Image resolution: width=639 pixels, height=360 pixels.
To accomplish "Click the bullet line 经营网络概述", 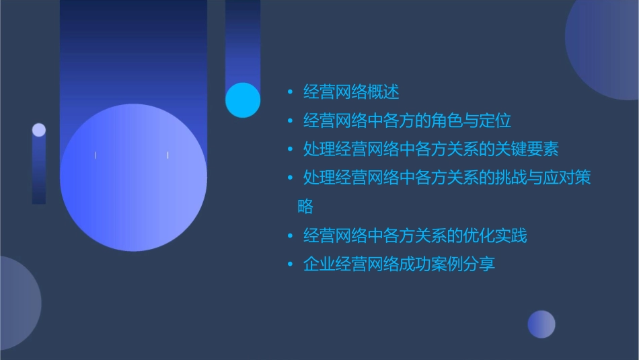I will [351, 92].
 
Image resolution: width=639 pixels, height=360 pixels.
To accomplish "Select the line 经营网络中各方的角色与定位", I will [407, 121].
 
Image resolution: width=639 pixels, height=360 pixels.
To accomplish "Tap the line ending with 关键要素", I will [430, 149].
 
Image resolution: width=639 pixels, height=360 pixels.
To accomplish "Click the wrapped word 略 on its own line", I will [305, 207].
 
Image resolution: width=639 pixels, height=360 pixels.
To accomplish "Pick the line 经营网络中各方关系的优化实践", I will [415, 236].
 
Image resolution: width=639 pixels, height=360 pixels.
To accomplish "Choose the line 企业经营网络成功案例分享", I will [399, 264].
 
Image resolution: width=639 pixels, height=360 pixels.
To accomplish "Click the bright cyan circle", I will [243, 100].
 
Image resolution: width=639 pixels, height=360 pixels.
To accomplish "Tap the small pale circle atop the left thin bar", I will [39, 130].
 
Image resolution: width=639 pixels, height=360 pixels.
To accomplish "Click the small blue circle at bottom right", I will [541, 324].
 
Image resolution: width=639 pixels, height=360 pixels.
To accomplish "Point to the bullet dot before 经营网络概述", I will [290, 92].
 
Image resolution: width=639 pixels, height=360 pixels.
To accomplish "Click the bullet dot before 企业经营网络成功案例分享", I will [290, 264].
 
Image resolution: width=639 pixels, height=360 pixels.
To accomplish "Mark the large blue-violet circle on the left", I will [133, 178].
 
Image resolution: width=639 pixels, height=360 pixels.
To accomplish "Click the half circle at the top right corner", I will [605, 47].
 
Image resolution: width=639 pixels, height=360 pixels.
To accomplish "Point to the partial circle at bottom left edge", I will [17, 303].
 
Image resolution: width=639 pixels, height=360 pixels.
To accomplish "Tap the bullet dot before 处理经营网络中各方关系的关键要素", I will [290, 149].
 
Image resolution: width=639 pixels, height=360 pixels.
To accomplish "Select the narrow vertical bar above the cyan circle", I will [243, 40].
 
